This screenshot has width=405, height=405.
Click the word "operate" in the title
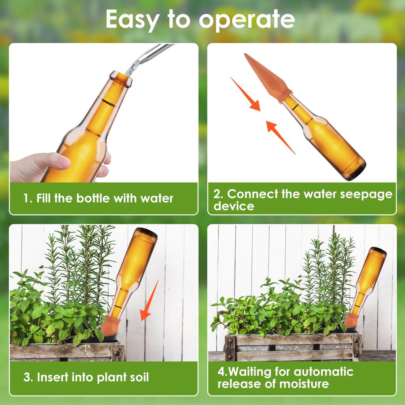(247, 20)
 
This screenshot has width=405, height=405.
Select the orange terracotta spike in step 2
(268, 78)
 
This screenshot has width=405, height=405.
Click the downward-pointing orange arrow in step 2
(245, 94)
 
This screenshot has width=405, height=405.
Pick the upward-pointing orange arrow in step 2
(280, 137)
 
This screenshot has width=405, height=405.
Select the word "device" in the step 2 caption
(234, 206)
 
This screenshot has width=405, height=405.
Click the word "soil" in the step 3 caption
(139, 377)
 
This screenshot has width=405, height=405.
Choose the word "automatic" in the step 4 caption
(324, 372)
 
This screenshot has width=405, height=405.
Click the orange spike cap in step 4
(351, 320)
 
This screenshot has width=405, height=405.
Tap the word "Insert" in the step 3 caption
(53, 377)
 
